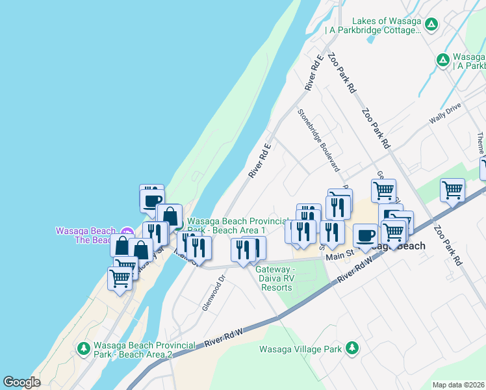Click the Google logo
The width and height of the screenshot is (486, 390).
pyautogui.click(x=21, y=382)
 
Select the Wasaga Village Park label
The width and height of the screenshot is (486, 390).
pyautogui.click(x=300, y=349)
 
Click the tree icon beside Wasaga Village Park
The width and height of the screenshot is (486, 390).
pyautogui.click(x=352, y=348)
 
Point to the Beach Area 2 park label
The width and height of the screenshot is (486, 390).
pyautogui.click(x=133, y=350)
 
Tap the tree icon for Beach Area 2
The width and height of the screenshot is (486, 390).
pyautogui.click(x=83, y=349)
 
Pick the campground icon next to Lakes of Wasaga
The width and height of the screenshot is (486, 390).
pyautogui.click(x=431, y=25)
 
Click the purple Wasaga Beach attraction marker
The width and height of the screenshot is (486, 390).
pyautogui.click(x=127, y=231)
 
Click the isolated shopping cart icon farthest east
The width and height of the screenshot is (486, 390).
pyautogui.click(x=452, y=190)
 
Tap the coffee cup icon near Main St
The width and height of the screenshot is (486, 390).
pyautogui.click(x=365, y=235)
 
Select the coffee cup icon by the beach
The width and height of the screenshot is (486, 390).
pyautogui.click(x=152, y=199)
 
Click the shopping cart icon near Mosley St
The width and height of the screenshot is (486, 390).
pyautogui.click(x=120, y=278)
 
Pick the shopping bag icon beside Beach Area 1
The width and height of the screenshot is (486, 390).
pyautogui.click(x=170, y=216)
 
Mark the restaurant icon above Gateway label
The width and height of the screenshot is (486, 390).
pyautogui.click(x=243, y=250)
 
